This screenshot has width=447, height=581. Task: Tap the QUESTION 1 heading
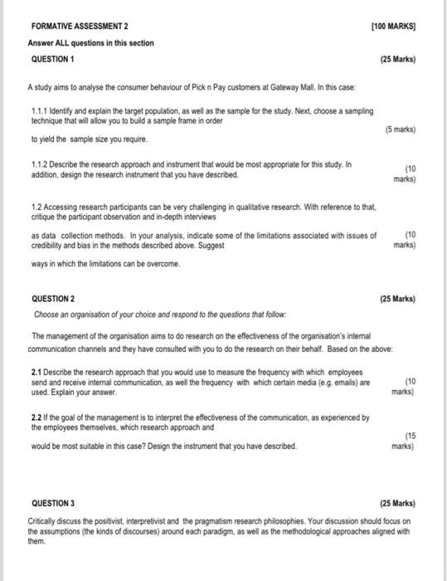[x=52, y=60]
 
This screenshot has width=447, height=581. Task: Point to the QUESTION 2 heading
[x=52, y=299]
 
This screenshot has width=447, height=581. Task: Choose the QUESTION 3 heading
[x=52, y=503]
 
